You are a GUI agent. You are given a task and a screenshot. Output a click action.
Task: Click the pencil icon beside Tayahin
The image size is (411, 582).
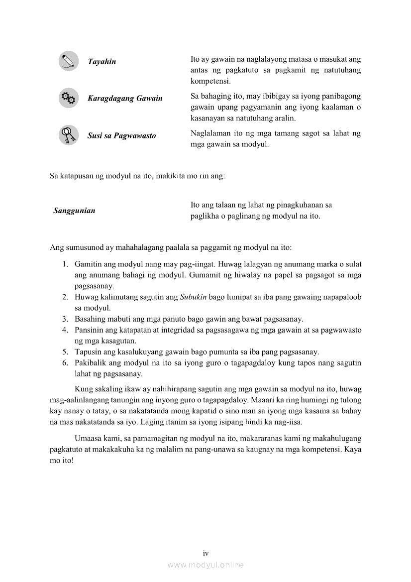(x=68, y=61)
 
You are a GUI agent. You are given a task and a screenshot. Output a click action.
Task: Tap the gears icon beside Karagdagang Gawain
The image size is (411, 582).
(x=68, y=98)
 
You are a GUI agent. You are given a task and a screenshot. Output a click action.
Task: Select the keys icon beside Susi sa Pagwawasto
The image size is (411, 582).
(x=68, y=135)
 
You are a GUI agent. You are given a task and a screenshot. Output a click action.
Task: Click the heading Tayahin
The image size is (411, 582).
(x=102, y=62)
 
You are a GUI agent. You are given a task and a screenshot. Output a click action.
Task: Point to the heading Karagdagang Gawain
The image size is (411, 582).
(x=125, y=99)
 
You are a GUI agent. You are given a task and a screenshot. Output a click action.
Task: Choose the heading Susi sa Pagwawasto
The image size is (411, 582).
(x=121, y=135)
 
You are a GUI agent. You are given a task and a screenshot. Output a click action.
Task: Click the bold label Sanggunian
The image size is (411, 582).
(x=74, y=211)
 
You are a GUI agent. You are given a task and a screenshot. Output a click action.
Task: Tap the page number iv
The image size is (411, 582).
(x=205, y=553)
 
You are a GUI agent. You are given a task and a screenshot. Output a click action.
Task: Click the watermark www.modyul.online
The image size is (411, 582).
(x=205, y=565)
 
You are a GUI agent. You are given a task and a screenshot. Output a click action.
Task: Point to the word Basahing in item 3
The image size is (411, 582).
(x=89, y=319)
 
